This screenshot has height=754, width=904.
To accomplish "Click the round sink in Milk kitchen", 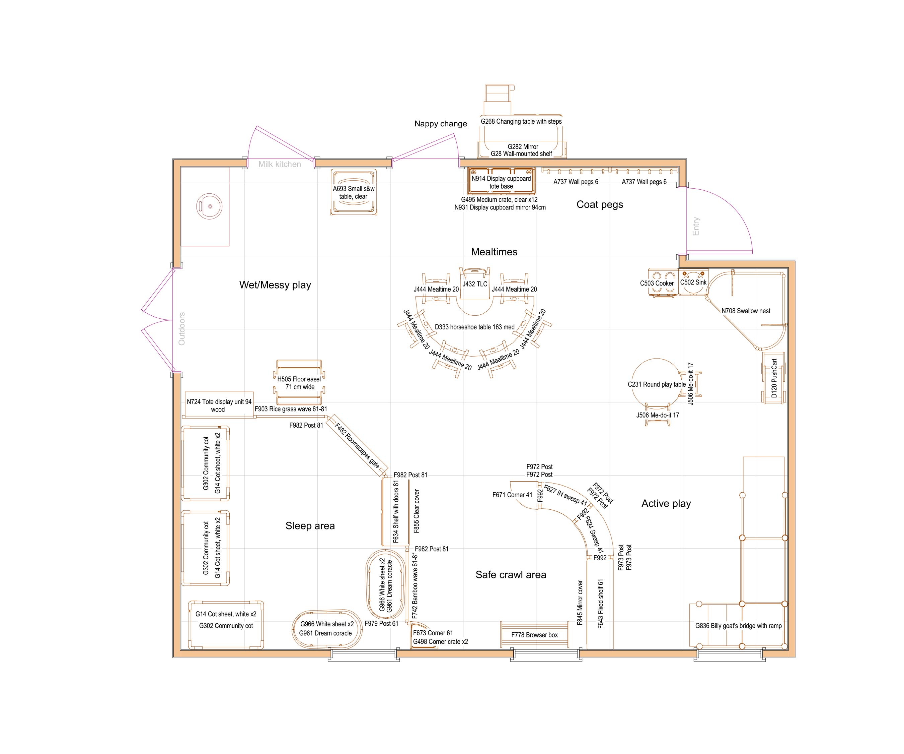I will click(210, 206).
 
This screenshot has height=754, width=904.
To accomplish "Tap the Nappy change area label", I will click(440, 124).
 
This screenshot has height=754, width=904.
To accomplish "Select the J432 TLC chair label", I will click(475, 284).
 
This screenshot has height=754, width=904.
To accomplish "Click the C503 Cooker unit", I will click(663, 282).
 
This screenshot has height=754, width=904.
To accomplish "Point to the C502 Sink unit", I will click(693, 282).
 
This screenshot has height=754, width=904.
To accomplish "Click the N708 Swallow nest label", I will click(746, 311).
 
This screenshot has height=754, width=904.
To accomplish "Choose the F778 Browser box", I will click(534, 635).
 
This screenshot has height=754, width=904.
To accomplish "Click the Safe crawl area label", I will click(511, 574).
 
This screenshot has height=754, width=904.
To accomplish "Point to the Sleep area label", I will click(310, 526).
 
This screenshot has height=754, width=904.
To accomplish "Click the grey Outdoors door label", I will click(182, 328).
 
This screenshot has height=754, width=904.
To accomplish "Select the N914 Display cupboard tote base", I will click(501, 182).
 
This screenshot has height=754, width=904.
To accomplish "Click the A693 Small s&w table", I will click(354, 192).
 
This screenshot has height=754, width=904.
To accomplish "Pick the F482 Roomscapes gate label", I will click(357, 446).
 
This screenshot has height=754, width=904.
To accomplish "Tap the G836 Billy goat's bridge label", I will click(738, 626).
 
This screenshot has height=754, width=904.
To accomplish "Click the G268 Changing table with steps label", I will click(521, 122).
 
